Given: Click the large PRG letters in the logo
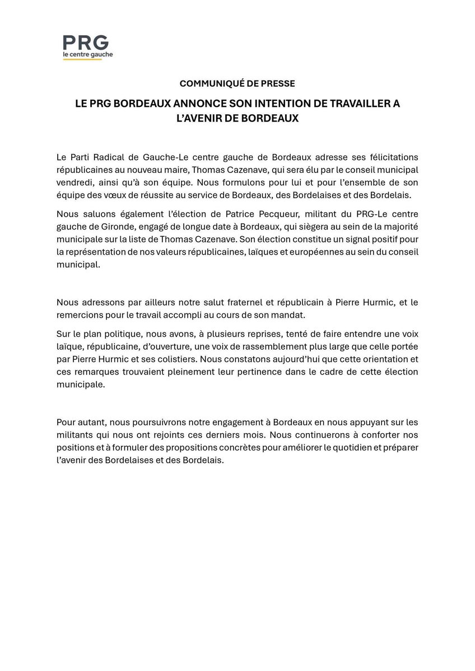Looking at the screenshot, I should coord(86,43).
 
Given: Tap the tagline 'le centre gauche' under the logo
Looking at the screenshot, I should coord(87,55).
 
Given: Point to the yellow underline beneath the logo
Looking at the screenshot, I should coord(87,60).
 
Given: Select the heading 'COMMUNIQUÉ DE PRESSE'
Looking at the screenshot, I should coord(237,83).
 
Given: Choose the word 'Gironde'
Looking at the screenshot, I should coord(129,226).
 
